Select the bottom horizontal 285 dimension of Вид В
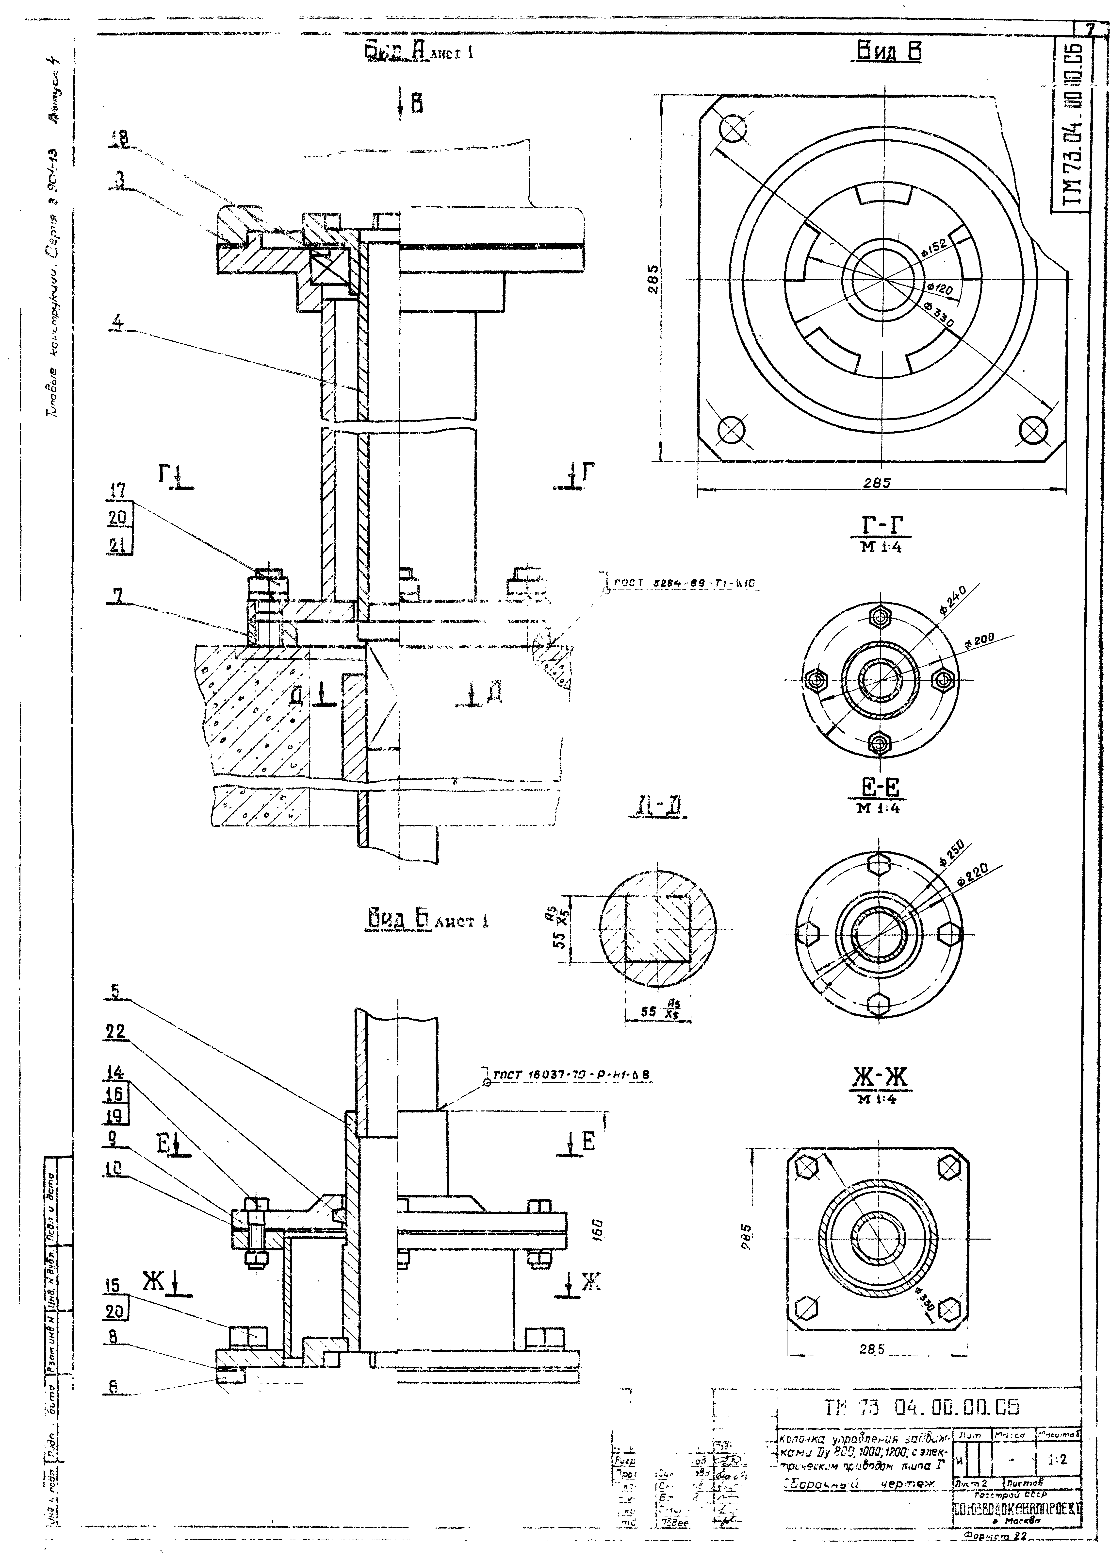[x=877, y=482]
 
